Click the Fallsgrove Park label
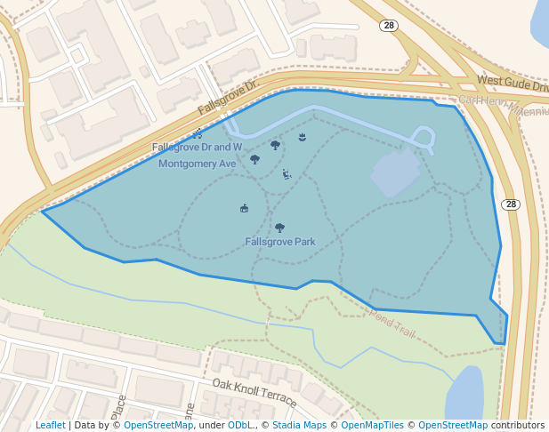pos(280,242)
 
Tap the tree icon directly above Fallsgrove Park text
pos(280,228)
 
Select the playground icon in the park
pos(286,174)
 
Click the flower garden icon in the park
pos(303,136)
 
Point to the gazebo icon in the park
pos(244,208)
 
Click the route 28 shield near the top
pos(388,26)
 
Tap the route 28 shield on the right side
pos(510,204)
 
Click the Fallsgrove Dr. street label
pos(227,97)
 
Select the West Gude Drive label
pos(512,84)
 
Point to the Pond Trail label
pos(392,322)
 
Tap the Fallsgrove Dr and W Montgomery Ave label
pos(197,155)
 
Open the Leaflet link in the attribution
pos(50,426)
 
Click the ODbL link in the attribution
pos(241,426)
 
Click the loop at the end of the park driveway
pos(424,138)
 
